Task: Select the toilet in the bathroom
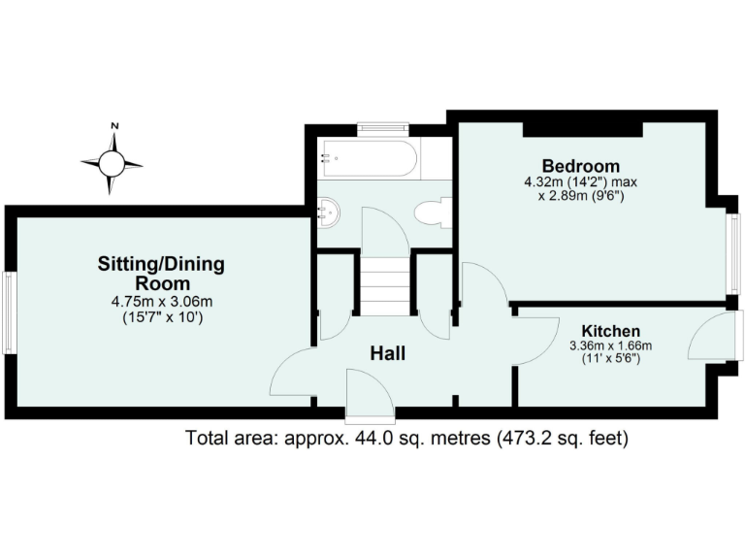click(433, 213)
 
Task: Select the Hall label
click(387, 354)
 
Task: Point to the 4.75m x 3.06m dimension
click(161, 302)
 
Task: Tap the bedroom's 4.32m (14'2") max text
click(581, 181)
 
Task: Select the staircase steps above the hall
click(386, 282)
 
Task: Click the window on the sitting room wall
click(10, 312)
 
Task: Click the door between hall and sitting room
click(291, 374)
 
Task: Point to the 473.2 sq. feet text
click(562, 439)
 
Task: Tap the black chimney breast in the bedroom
click(582, 128)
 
